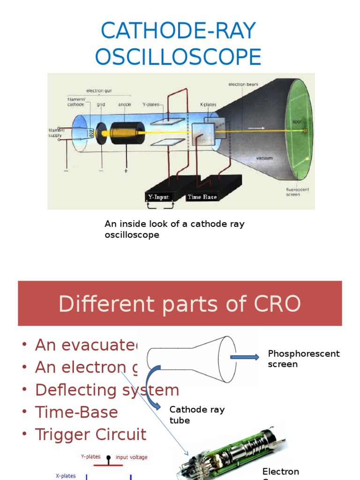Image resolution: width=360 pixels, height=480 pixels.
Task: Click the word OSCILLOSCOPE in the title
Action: (x=178, y=57)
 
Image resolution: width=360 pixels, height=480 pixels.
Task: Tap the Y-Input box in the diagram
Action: (x=158, y=197)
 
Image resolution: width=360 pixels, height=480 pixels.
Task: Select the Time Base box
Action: (x=202, y=197)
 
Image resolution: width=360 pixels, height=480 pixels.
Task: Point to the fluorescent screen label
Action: (x=297, y=191)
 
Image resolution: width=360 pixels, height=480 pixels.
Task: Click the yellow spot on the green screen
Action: (x=305, y=130)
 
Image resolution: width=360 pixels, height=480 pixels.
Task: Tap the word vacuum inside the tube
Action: (x=264, y=158)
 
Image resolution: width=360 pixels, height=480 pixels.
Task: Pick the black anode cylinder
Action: (x=127, y=133)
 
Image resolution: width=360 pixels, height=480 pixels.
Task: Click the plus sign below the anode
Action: (x=126, y=171)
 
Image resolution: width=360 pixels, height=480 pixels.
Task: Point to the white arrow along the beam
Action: (x=256, y=127)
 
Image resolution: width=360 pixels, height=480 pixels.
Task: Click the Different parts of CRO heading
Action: (x=180, y=304)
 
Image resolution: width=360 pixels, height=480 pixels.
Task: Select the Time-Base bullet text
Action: (x=76, y=412)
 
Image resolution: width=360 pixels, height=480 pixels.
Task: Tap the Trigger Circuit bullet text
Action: (x=90, y=435)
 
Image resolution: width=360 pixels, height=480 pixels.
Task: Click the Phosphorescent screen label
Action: (x=303, y=359)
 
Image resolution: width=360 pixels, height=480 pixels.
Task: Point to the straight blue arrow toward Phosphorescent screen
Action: (x=244, y=357)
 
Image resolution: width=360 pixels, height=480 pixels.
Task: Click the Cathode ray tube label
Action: (x=197, y=415)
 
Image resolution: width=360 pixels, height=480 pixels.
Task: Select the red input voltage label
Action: (x=132, y=457)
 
